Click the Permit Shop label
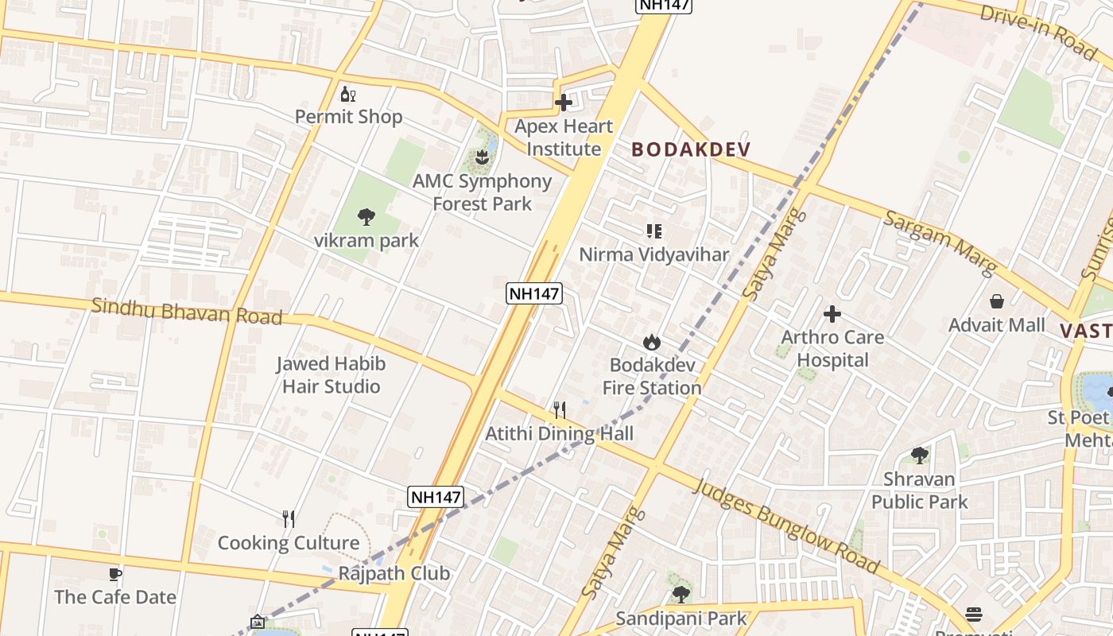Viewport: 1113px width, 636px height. pos(348,117)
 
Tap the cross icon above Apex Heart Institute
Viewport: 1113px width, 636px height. pos(564,103)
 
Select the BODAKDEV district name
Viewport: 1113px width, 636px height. pos(691,149)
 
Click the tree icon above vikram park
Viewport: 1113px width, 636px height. pos(366,216)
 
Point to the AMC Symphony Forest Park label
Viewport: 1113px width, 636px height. pos(482,192)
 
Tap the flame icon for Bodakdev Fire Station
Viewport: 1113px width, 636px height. pos(652,342)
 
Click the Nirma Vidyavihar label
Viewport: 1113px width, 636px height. pos(653,254)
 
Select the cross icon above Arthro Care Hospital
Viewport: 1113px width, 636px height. pos(832,314)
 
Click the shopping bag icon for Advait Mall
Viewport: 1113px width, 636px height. pos(997,301)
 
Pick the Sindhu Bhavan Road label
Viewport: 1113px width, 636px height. pos(187,311)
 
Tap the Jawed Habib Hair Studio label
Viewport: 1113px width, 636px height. pos(331,375)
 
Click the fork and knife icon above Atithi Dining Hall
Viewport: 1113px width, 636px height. pos(560,410)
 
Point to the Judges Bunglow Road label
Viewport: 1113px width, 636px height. pos(787,525)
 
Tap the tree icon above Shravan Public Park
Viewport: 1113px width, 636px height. pos(920,456)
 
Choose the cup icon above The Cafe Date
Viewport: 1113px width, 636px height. pos(115,574)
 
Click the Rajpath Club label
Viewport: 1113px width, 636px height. pos(394,573)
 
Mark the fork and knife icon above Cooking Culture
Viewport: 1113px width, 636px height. pos(289,519)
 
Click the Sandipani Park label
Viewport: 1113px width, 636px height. pos(681,619)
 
